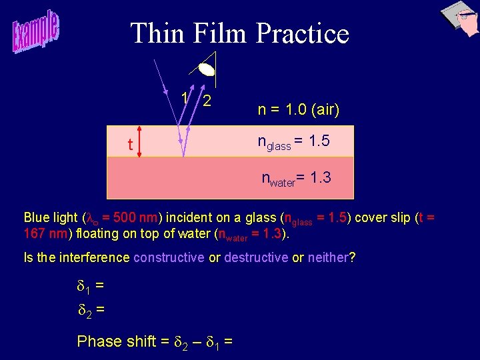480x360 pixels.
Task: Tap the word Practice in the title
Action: (x=302, y=33)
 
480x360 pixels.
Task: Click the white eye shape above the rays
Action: (x=207, y=68)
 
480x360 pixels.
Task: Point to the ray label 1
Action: (x=184, y=97)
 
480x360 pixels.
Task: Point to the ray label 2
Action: (x=207, y=101)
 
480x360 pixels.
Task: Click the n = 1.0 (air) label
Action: (x=299, y=109)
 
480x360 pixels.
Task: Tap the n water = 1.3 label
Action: (x=296, y=178)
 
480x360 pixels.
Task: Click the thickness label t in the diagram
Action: (x=130, y=144)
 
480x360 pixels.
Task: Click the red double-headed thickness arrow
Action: (x=139, y=141)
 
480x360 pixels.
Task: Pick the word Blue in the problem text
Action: (x=37, y=217)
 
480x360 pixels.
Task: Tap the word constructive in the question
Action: (x=169, y=257)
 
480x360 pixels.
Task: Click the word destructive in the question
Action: (x=255, y=257)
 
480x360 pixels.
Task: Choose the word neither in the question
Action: (x=328, y=257)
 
